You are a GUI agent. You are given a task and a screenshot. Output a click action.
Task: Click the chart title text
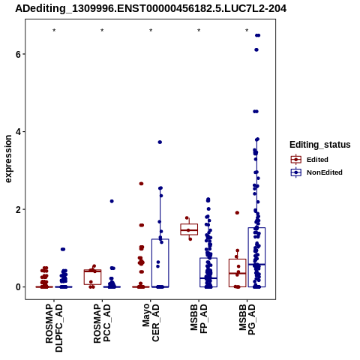click(151, 9)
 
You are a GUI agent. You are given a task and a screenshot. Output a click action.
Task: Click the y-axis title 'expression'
click(8, 159)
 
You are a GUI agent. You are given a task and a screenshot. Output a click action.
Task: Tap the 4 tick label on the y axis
click(18, 131)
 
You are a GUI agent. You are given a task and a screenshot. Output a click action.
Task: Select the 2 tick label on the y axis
click(18, 209)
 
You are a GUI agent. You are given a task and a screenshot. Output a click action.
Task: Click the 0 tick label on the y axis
click(18, 287)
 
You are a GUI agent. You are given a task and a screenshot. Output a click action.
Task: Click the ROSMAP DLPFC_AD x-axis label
click(54, 328)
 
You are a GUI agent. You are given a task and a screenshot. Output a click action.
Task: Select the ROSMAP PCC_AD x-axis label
click(102, 323)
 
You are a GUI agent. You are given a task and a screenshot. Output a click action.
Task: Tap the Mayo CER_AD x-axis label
click(151, 322)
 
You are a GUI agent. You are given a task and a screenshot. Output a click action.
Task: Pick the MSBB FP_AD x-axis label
click(199, 319)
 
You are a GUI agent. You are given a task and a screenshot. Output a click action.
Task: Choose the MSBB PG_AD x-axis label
click(247, 319)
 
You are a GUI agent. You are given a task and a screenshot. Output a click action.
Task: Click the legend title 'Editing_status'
click(320, 145)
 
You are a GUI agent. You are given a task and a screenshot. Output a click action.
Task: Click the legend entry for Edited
click(309, 160)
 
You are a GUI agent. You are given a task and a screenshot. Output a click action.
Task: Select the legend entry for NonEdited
click(316, 172)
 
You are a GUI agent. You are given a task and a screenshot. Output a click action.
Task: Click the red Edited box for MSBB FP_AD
click(189, 229)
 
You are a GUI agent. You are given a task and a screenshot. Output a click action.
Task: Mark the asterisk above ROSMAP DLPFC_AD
click(54, 31)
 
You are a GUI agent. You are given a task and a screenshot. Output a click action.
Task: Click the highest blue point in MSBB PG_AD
click(258, 35)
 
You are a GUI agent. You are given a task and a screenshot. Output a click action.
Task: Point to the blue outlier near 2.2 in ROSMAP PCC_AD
click(112, 201)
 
